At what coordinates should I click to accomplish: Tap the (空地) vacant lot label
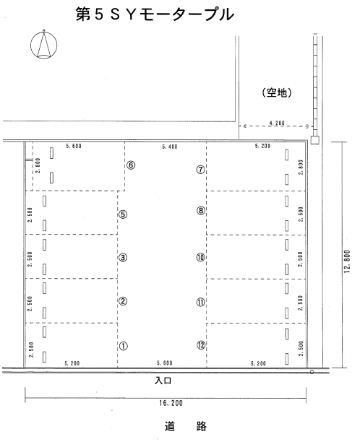coord(276,92)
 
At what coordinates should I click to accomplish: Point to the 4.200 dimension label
coord(277,123)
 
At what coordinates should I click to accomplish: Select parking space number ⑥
coord(131,165)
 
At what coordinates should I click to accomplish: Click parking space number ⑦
coord(200,170)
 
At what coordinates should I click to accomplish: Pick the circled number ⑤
coord(123,214)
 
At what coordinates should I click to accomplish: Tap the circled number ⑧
coord(201,210)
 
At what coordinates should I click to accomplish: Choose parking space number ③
coord(123,257)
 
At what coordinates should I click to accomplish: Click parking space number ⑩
coord(201,257)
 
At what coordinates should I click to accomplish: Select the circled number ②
coord(123,301)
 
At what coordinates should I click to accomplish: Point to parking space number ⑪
coord(201,301)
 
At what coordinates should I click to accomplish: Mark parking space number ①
coord(123,346)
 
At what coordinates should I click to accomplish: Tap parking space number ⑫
coord(201,344)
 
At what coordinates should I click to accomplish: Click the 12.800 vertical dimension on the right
coord(348,257)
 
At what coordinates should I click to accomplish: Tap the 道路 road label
coord(182,426)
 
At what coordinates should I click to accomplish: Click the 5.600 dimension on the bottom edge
coord(166,363)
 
